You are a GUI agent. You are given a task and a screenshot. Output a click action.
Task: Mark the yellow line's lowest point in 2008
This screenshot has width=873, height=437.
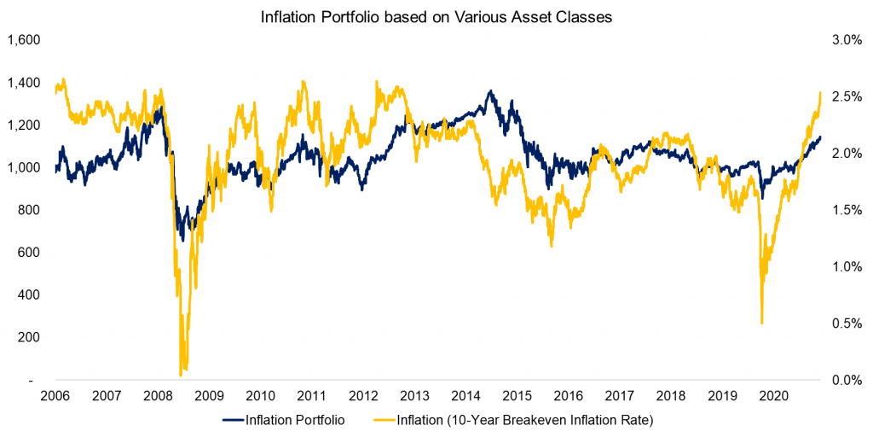[x=181, y=374]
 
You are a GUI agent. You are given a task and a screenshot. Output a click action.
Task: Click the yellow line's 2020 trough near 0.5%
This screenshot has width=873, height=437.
[x=761, y=323]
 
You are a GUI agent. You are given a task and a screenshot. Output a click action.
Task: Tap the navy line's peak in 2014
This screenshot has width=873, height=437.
[x=489, y=90]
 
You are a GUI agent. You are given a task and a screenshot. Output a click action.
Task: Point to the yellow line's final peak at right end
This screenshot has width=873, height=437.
[x=820, y=92]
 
